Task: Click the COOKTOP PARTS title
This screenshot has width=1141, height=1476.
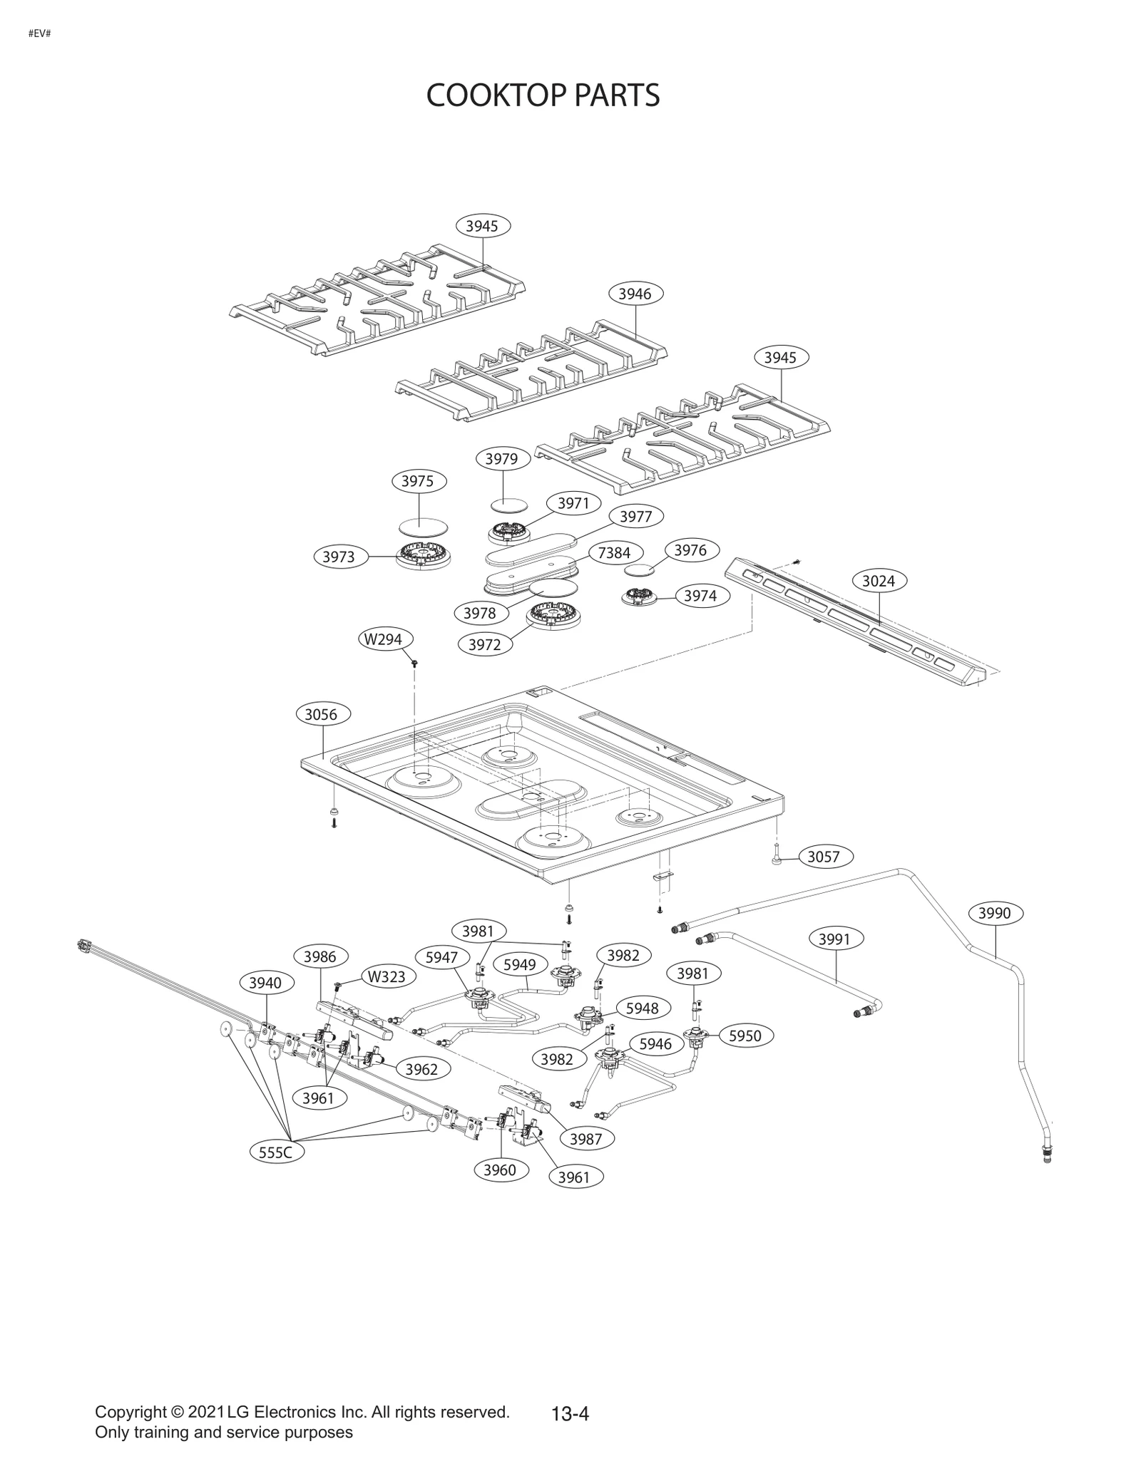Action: pyautogui.click(x=543, y=96)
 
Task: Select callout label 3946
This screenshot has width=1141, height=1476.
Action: pyautogui.click(x=635, y=294)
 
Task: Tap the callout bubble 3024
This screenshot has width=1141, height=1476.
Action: pyautogui.click(x=878, y=581)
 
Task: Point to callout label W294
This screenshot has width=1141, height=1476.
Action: pyautogui.click(x=384, y=639)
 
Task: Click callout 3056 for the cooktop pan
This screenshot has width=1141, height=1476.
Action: pyautogui.click(x=321, y=714)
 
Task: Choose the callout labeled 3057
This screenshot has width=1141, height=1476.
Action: pyautogui.click(x=823, y=857)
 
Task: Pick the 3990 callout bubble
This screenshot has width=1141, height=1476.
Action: pyautogui.click(x=994, y=914)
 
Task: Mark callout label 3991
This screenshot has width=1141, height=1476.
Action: pyautogui.click(x=834, y=939)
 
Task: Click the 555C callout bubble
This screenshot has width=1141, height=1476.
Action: pyautogui.click(x=276, y=1152)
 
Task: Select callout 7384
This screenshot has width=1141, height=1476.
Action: pyautogui.click(x=614, y=553)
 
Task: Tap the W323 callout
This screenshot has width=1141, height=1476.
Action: pyautogui.click(x=387, y=976)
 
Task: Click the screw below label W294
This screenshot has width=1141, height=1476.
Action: pyautogui.click(x=414, y=664)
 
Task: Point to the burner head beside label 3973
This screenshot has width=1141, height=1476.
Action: pyautogui.click(x=424, y=555)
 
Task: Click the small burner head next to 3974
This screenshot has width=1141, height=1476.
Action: pyautogui.click(x=640, y=597)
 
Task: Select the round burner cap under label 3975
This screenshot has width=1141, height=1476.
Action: pyautogui.click(x=424, y=526)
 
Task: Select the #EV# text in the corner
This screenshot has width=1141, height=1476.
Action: pyautogui.click(x=39, y=33)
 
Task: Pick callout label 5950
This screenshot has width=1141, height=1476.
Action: pyautogui.click(x=745, y=1036)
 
